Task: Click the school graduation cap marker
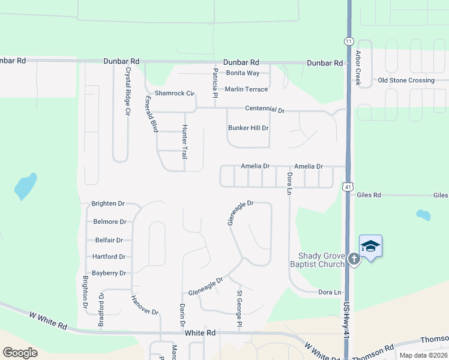pyautogui.click(x=370, y=246)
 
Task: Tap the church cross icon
pyautogui.click(x=354, y=259)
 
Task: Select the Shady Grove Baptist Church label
pyautogui.click(x=317, y=260)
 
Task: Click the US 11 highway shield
pyautogui.click(x=349, y=41)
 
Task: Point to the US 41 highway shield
pyautogui.click(x=348, y=187)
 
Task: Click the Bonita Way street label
pyautogui.click(x=243, y=73)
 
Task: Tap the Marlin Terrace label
pyautogui.click(x=246, y=89)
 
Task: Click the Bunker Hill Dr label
pyautogui.click(x=248, y=128)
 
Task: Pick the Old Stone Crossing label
pyautogui.click(x=406, y=80)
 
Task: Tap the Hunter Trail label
pyautogui.click(x=185, y=142)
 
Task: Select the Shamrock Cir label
pyautogui.click(x=175, y=94)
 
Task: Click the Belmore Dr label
pyautogui.click(x=110, y=221)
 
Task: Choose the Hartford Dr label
pyautogui.click(x=109, y=256)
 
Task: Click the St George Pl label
pyautogui.click(x=239, y=309)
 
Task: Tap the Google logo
pyautogui.click(x=20, y=352)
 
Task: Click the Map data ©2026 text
pyautogui.click(x=423, y=355)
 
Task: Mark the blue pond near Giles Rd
pyautogui.click(x=424, y=215)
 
